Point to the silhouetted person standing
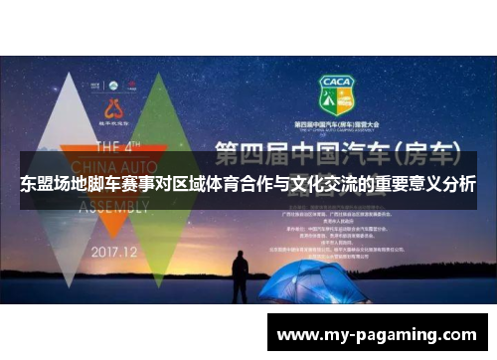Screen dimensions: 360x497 [241, 277]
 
